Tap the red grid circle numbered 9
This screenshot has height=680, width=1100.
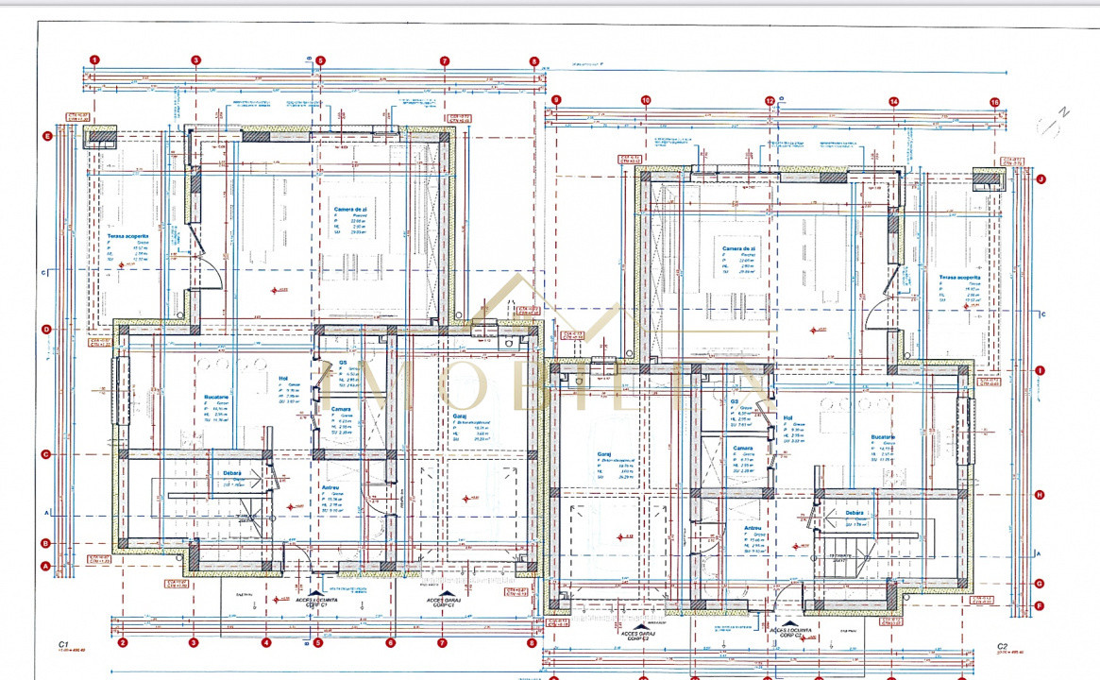pos(556,99)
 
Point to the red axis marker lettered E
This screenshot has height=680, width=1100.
pos(45,136)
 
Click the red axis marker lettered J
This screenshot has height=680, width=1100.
pos(1041,178)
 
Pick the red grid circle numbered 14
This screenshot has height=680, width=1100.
pos(893,100)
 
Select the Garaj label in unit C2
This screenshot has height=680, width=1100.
pos(603,453)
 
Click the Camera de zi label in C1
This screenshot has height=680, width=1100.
pos(350,208)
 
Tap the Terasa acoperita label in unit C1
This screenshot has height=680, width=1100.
pos(127,236)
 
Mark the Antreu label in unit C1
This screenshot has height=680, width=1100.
pos(330,487)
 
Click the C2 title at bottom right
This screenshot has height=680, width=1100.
pos(1003,647)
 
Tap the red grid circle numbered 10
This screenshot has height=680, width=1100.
pos(646,99)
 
